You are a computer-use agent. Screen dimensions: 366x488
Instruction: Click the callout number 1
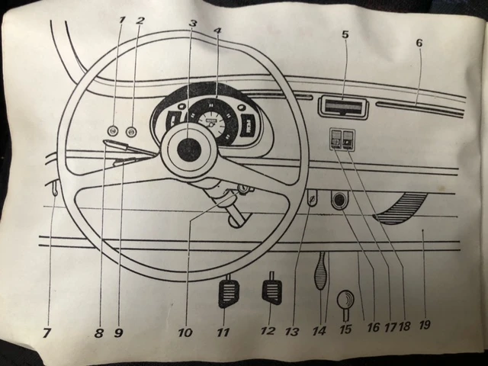[x=121, y=18]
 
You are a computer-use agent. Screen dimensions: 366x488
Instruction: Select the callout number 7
[x=48, y=334]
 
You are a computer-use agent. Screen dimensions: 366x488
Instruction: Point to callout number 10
[x=185, y=332]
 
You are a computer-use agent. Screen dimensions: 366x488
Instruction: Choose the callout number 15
[x=345, y=331]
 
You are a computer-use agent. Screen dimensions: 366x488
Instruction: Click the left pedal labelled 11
[x=228, y=294]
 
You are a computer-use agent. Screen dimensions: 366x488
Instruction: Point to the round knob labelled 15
[x=345, y=298]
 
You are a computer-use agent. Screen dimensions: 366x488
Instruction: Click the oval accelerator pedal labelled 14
[x=320, y=270]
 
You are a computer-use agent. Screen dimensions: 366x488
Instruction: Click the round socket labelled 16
[x=338, y=201]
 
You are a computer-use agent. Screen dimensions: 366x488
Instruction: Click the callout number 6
[x=419, y=43]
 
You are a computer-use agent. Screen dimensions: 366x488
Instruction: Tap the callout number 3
[x=193, y=24]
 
